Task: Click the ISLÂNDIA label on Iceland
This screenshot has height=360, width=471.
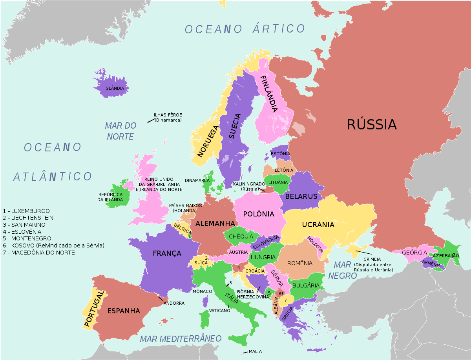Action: coord(114,88)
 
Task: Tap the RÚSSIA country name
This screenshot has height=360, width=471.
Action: coord(372,124)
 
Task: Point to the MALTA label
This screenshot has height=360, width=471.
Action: coord(255,351)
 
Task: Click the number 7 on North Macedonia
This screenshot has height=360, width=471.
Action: coord(285,300)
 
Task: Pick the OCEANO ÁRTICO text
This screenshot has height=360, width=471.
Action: coord(245,29)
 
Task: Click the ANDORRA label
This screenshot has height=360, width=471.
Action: coord(174,303)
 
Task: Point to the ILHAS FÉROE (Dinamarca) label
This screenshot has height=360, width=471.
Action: coord(168,117)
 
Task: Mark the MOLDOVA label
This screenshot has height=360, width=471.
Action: coord(315,244)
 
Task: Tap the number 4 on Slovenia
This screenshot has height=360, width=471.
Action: coord(239,267)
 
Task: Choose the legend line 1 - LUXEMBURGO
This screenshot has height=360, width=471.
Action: coord(26,211)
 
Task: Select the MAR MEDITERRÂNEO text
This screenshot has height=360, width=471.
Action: coord(181,338)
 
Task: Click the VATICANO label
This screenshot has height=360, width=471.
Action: coord(219,310)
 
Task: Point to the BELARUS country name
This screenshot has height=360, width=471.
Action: coord(301,196)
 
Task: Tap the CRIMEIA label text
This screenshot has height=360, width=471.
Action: coord(372,259)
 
